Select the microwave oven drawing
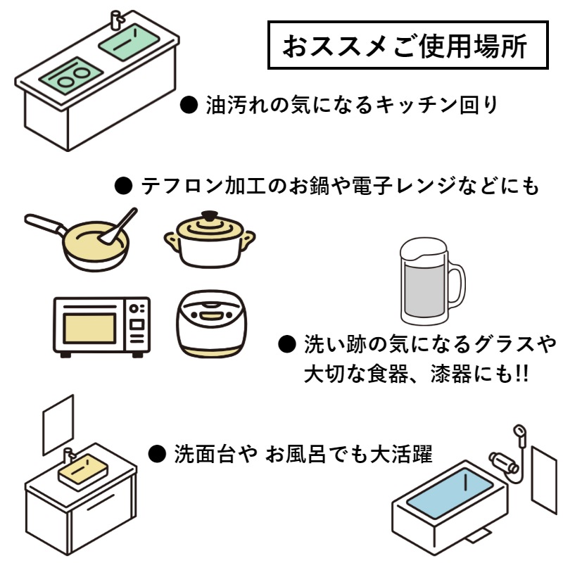click(101, 326)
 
